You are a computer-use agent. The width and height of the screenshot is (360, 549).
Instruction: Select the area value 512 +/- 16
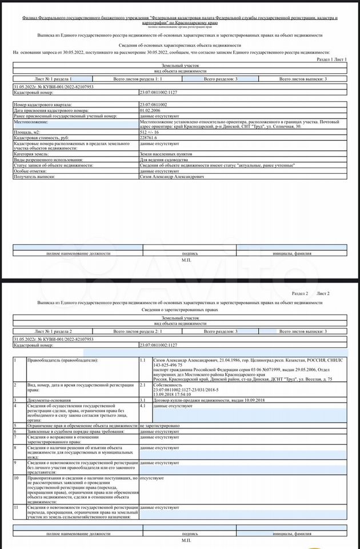click(x=150, y=132)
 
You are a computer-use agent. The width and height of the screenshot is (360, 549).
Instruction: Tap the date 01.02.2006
click(x=150, y=110)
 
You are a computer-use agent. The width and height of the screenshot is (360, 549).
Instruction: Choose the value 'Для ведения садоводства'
click(x=163, y=160)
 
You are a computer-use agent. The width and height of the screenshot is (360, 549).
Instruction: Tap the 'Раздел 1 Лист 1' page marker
click(x=331, y=59)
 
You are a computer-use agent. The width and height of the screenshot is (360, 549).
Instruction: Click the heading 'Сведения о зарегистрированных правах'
click(x=180, y=309)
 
